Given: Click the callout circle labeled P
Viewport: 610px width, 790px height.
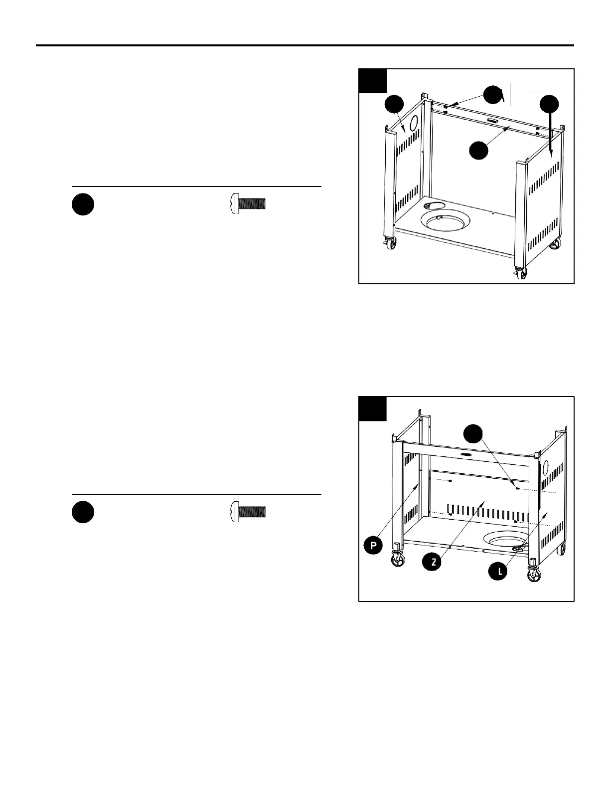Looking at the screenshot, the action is coord(372,546).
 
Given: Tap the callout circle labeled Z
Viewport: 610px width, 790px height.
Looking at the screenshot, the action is coord(434,562).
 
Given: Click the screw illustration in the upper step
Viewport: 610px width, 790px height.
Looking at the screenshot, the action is coord(248,204).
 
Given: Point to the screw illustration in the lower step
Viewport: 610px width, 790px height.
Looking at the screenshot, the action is coord(248,512).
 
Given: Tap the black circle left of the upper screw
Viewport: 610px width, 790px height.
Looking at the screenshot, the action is coord(83,205).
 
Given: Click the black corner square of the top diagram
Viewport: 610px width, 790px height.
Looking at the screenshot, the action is coord(373,81).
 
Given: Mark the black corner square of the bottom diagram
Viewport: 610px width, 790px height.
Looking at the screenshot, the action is coord(373,409).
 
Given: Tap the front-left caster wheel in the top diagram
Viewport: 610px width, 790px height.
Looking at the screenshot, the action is coord(390,244).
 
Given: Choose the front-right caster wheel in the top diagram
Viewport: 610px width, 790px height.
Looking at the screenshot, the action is coord(521,274).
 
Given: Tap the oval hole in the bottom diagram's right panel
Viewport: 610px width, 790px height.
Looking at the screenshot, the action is coord(545,468).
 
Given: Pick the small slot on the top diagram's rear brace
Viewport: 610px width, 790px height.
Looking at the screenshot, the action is coord(492,122).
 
